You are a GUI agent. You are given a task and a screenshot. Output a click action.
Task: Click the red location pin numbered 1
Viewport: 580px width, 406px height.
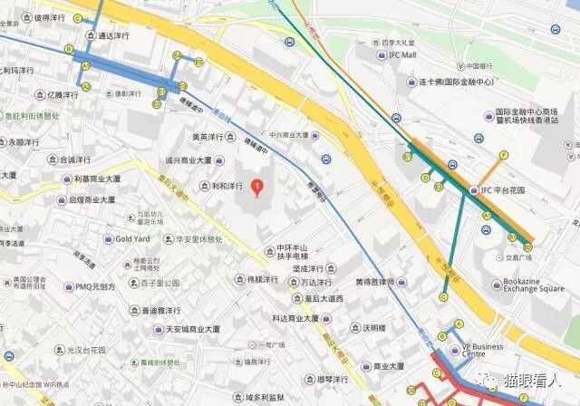click(x=257, y=188)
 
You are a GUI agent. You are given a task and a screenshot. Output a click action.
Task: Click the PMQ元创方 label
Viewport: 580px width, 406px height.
click(x=94, y=286)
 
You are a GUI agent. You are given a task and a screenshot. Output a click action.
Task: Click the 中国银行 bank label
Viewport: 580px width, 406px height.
click(x=479, y=66)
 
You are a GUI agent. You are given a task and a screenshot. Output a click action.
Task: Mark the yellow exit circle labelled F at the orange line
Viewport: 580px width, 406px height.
click(x=505, y=155)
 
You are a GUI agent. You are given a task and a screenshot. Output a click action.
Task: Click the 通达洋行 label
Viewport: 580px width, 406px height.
click(x=112, y=35)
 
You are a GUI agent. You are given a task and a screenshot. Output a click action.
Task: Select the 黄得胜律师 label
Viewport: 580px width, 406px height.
click(x=380, y=282)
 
